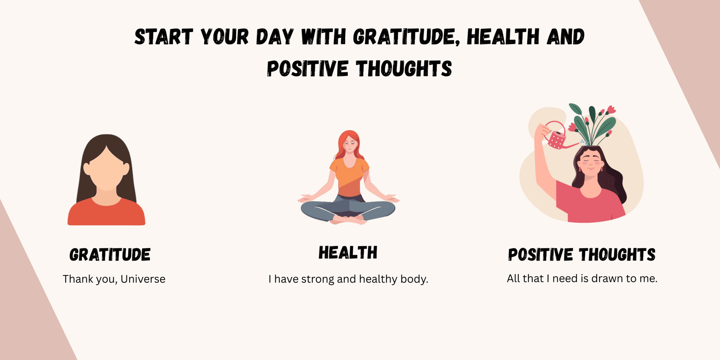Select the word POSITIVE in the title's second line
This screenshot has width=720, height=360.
pyautogui.click(x=307, y=69)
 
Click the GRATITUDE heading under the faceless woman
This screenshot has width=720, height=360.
pyautogui.click(x=110, y=255)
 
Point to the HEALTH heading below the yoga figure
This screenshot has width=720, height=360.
pyautogui.click(x=348, y=253)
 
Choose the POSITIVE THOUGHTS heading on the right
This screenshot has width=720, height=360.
pyautogui.click(x=581, y=255)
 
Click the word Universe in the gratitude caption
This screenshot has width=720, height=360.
pyautogui.click(x=143, y=279)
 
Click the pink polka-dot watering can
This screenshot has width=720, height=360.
pyautogui.click(x=557, y=139)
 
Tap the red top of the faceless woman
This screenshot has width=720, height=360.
pyautogui.click(x=106, y=214)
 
